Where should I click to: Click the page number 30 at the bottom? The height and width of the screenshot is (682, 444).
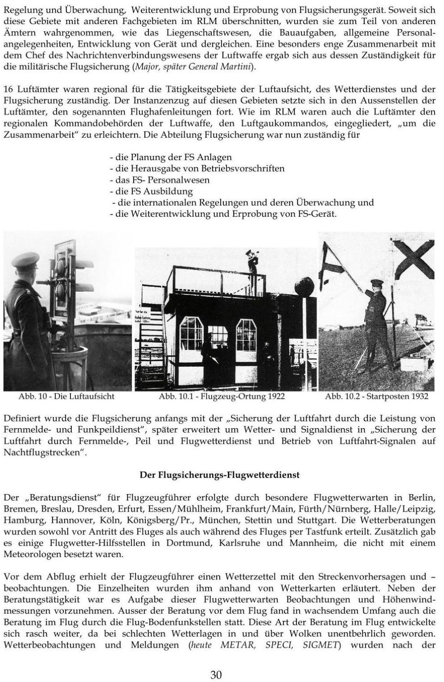point(216,674)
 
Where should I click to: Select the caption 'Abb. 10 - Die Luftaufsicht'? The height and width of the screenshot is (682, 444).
point(66,396)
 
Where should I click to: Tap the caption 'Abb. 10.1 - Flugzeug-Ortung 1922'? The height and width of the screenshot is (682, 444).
point(222,396)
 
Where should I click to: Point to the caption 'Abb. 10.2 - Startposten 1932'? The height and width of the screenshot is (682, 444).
point(377,396)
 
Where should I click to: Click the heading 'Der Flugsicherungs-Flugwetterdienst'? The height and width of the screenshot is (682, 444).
point(219,475)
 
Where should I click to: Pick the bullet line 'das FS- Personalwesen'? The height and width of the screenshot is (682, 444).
point(160,180)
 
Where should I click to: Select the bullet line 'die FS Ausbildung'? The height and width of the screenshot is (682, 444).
point(151,191)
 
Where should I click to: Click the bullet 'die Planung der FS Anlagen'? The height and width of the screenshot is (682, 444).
point(170,157)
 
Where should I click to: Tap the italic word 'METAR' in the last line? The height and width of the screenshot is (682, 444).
point(238,645)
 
